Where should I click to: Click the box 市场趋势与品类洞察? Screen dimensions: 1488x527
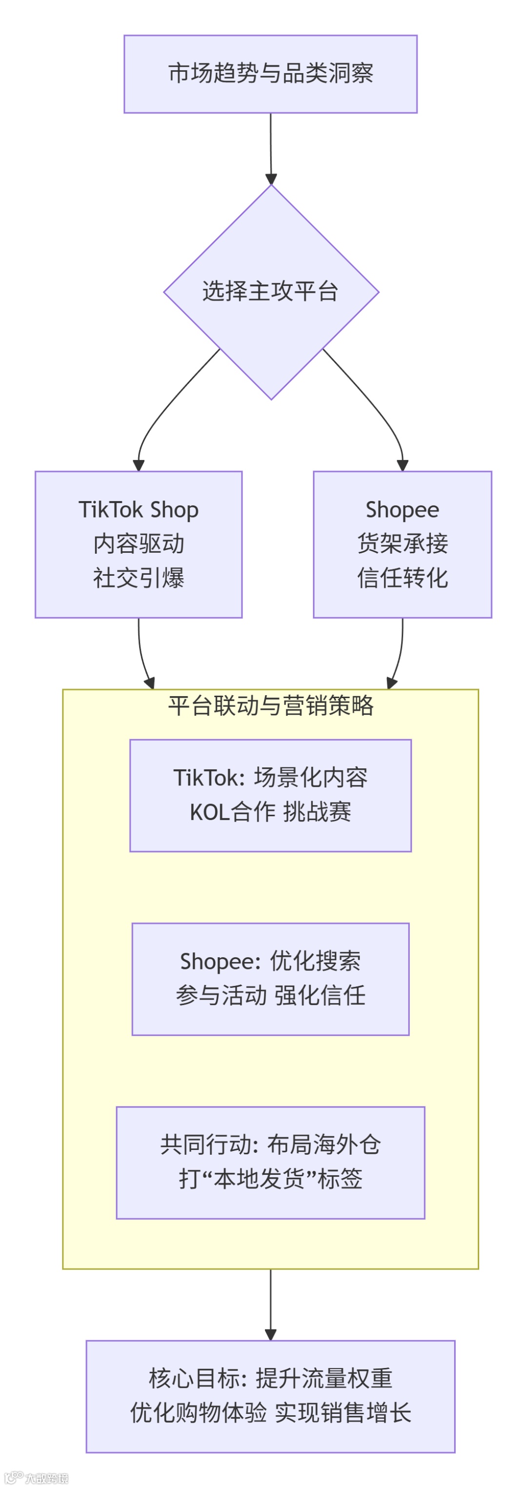click(270, 74)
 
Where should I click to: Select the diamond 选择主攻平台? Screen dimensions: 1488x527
click(270, 292)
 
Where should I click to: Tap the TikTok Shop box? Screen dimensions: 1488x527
click(138, 544)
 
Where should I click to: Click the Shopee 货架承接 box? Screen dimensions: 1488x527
click(402, 544)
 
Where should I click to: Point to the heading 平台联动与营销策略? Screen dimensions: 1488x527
click(270, 705)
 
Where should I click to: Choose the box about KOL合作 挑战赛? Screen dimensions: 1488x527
click(270, 795)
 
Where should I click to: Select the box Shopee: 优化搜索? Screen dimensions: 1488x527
click(270, 979)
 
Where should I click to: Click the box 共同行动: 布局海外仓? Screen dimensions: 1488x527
click(270, 1162)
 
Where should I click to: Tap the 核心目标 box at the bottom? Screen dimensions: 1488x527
click(270, 1396)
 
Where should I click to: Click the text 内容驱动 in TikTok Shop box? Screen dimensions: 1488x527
click(139, 543)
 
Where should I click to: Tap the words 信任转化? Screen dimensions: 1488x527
click(402, 578)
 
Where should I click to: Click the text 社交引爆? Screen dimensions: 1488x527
click(139, 578)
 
